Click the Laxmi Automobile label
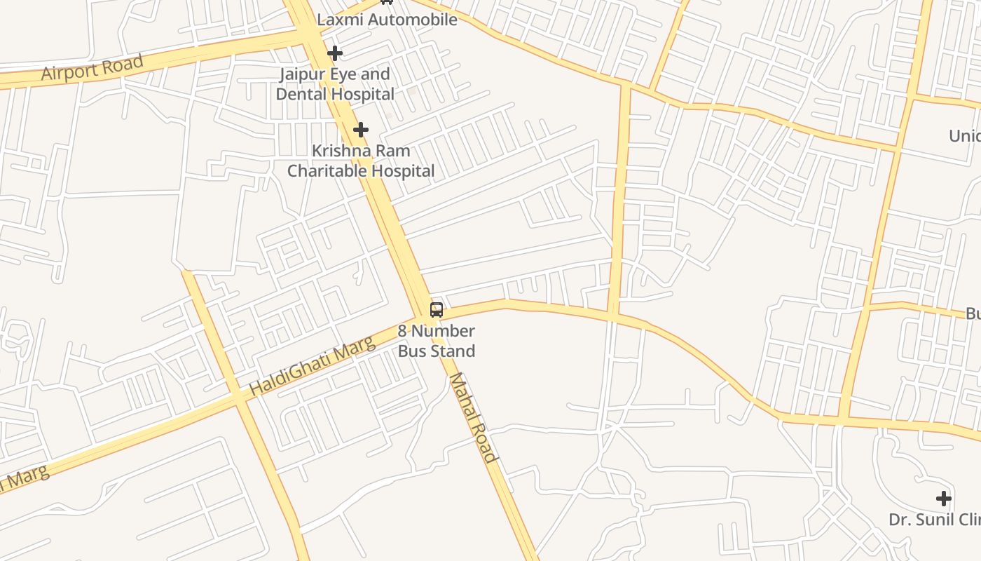387,20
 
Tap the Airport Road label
92,67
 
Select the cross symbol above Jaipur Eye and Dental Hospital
335,53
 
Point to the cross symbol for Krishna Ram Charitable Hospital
361,130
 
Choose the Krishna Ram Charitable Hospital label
361,161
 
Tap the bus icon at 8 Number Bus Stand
437,309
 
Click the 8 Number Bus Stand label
437,341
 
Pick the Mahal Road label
473,417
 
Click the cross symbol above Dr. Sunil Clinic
944,499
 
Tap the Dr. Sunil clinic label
934,520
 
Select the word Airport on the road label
68,71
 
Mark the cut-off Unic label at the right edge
965,135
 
